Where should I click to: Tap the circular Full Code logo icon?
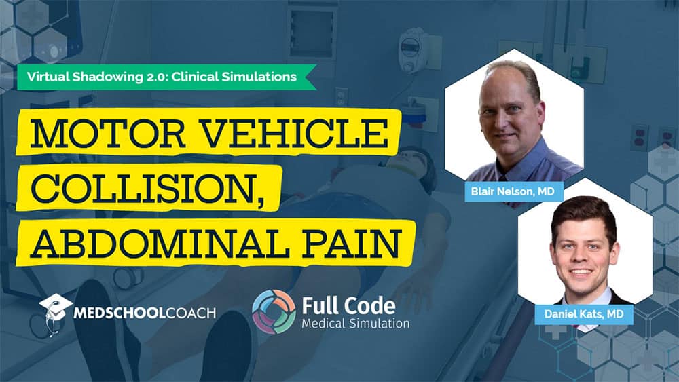click(274, 311)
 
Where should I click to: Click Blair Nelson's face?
click(507, 115)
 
